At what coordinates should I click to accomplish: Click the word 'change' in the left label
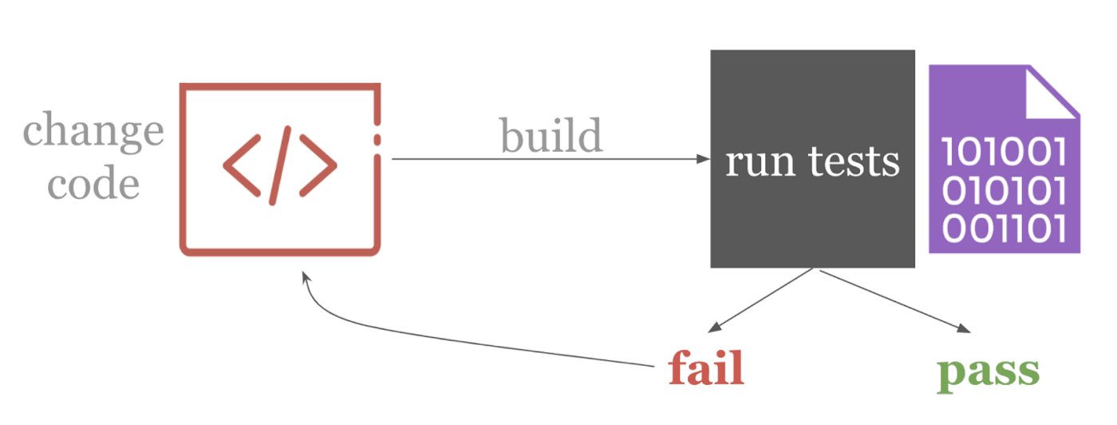(93, 131)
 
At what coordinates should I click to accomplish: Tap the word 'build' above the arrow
(551, 136)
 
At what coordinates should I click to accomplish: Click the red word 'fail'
(705, 370)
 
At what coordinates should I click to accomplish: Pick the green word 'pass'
(988, 371)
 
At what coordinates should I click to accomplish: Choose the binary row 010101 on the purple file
(1005, 190)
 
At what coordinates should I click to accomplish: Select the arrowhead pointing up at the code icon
(305, 277)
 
